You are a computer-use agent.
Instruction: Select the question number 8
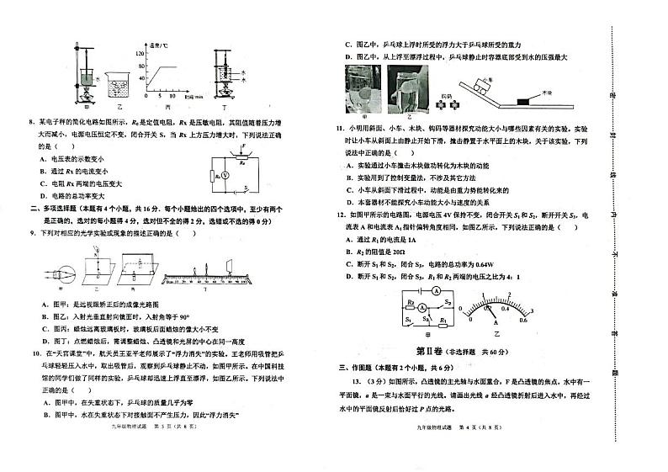coord(31,122)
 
